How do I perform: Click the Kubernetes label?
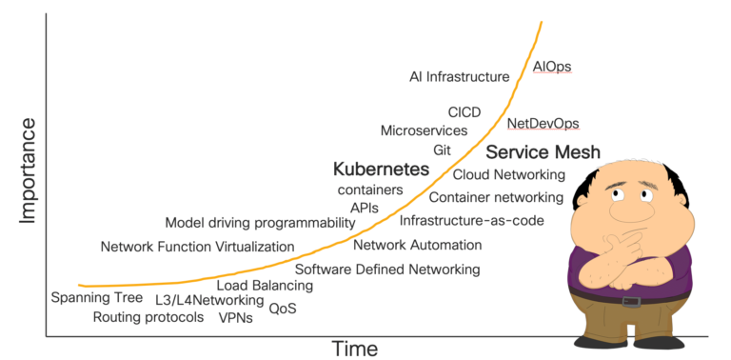pyautogui.click(x=381, y=170)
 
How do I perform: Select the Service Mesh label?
pyautogui.click(x=543, y=151)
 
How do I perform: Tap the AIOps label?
pyautogui.click(x=552, y=66)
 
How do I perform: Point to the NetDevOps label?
pyautogui.click(x=543, y=123)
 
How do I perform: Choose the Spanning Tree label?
pyautogui.click(x=97, y=298)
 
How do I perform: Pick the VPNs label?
pyautogui.click(x=236, y=318)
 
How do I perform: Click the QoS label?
pyautogui.click(x=283, y=309)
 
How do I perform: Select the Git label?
pyautogui.click(x=442, y=150)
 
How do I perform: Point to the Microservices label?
pyautogui.click(x=424, y=130)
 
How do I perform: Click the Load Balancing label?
pyautogui.click(x=265, y=285)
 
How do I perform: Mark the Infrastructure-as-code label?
pyautogui.click(x=471, y=221)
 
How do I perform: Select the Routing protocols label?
pyautogui.click(x=148, y=317)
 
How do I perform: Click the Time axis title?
pyautogui.click(x=354, y=349)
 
